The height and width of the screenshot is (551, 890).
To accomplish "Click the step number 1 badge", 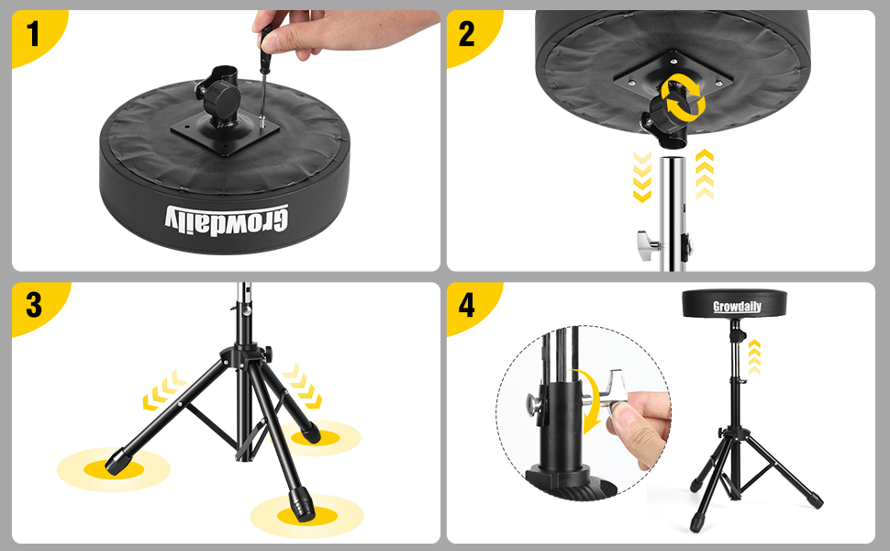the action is pos(33,34).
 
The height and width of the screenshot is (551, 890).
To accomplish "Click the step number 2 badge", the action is pos(467,34).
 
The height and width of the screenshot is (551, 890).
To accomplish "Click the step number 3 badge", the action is pos(33,305).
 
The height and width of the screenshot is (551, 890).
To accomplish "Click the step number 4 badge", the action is pos(467,305).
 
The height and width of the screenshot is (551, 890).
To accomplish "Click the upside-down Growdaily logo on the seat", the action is pos(227,221).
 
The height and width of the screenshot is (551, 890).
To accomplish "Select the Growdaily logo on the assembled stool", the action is pos(737,307).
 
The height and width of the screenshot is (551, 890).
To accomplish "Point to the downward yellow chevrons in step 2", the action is pos(642,176).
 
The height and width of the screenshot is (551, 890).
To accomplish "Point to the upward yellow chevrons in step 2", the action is pos(705,174).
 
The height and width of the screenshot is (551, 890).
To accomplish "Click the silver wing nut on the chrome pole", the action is pos(648,245).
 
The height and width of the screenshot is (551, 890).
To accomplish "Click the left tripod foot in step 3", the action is pos(117,461).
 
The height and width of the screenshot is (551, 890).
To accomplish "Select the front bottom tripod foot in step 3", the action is pos(301,504).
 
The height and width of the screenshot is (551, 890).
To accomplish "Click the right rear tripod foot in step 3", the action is pos(310,433).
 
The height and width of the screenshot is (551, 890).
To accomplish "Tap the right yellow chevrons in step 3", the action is pos(303,387).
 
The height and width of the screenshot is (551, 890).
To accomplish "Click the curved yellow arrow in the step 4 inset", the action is pos(592,400).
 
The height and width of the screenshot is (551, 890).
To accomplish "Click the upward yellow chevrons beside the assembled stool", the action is pos(754,357).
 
